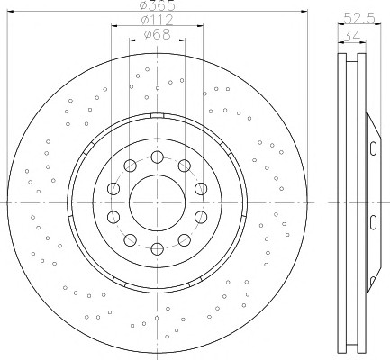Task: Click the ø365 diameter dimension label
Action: [x=158, y=4]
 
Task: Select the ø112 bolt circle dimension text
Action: [x=157, y=20]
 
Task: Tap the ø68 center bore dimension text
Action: [x=157, y=34]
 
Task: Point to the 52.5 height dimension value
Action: [x=359, y=18]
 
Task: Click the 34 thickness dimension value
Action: [x=351, y=36]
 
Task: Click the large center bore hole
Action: [x=157, y=202]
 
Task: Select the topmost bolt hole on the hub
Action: [x=157, y=157]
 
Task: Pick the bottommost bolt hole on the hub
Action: [x=157, y=248]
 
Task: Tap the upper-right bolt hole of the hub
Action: [x=185, y=166]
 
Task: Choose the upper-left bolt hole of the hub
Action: [x=130, y=166]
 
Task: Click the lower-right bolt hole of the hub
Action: [x=185, y=240]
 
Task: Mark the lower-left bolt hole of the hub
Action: [x=130, y=240]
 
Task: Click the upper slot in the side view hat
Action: [x=373, y=148]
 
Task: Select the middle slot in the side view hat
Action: [x=373, y=222]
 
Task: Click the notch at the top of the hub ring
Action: [x=157, y=116]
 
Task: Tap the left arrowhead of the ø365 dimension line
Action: [x=11, y=11]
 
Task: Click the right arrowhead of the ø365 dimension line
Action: [x=304, y=11]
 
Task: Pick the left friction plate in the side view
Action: [x=342, y=202]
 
